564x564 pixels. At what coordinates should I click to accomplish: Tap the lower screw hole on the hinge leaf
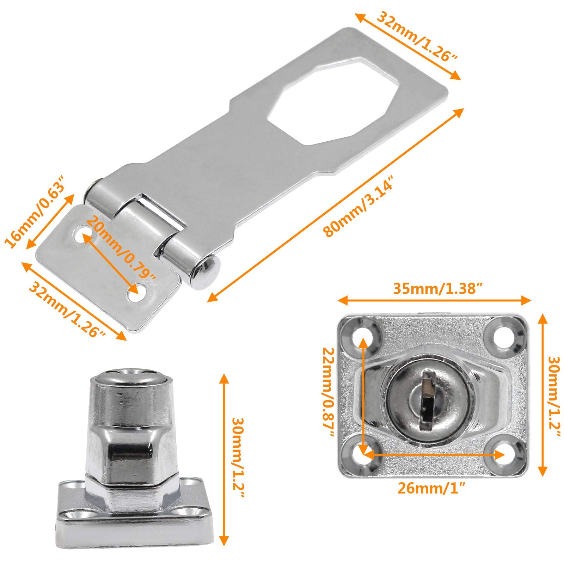[134, 292]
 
